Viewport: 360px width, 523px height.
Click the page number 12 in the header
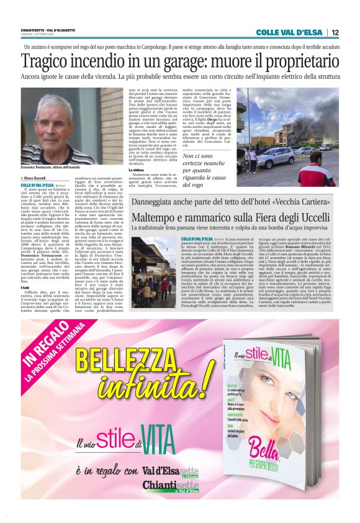pos(335,33)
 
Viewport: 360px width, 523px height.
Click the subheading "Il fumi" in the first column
pos(25,287)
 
